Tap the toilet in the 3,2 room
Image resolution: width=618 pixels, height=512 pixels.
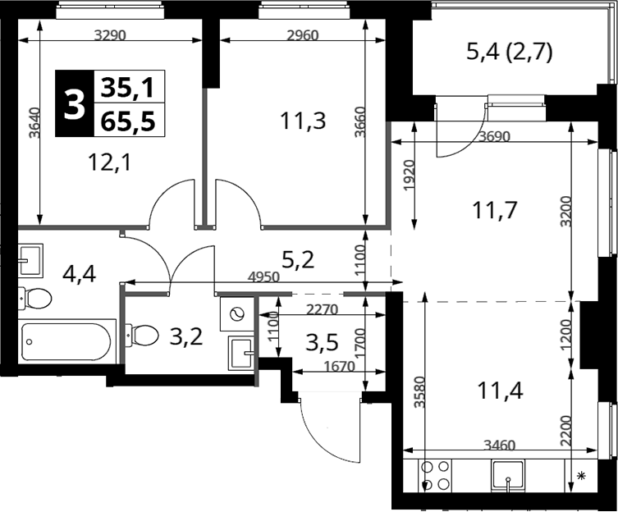(x=141, y=336)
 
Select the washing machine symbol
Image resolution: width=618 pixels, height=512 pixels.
(x=237, y=314)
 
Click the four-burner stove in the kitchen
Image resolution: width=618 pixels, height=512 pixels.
(x=436, y=475)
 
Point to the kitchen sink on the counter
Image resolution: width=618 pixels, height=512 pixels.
(x=508, y=476)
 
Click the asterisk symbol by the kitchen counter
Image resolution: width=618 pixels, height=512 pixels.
(x=581, y=476)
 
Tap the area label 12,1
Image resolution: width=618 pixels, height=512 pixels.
(x=109, y=162)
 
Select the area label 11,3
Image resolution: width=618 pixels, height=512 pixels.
(x=303, y=121)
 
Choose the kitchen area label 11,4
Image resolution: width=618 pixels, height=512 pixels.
(x=500, y=391)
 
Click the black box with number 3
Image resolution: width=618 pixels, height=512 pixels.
(x=75, y=103)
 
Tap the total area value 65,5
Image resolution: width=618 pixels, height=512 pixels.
(x=128, y=121)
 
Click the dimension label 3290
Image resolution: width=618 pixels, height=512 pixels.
(x=110, y=35)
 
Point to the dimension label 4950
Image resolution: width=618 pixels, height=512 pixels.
(x=263, y=277)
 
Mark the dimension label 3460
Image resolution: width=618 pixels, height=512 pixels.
(x=499, y=446)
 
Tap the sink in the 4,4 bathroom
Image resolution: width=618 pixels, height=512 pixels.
(x=30, y=260)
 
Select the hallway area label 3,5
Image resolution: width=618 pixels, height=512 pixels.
(x=322, y=343)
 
